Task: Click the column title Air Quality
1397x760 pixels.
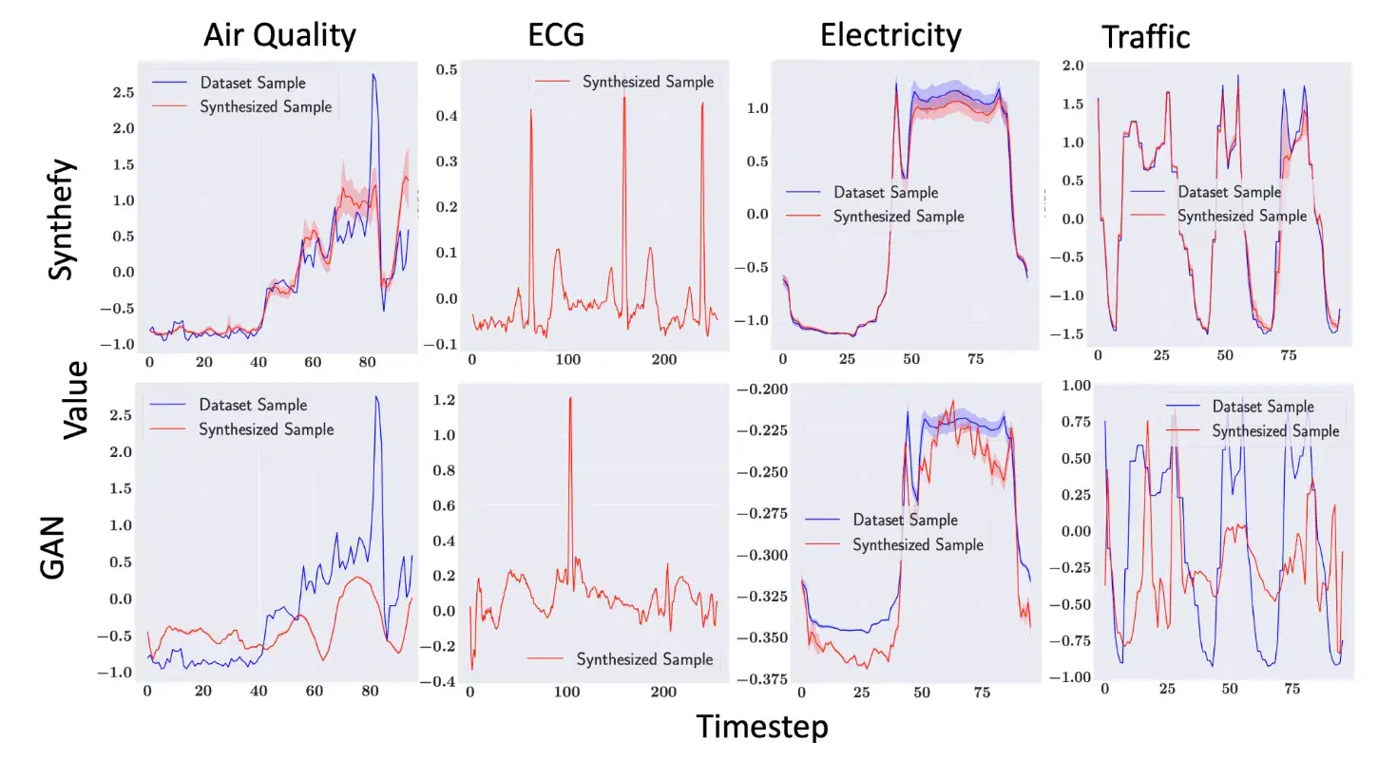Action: [x=279, y=36]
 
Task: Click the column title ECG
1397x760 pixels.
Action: [x=556, y=36]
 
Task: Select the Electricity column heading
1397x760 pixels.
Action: [x=890, y=36]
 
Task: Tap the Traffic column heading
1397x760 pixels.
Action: [x=1145, y=37]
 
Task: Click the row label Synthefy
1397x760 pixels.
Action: [x=59, y=218]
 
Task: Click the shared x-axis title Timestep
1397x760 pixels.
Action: [x=762, y=727]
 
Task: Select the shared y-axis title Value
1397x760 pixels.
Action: [x=77, y=398]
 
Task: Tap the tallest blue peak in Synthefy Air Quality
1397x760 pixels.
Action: [x=373, y=75]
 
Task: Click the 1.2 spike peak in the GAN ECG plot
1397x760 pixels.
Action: [x=570, y=398]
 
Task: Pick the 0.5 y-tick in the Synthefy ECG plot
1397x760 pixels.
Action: [x=447, y=69]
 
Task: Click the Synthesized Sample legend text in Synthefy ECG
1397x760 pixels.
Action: [x=648, y=82]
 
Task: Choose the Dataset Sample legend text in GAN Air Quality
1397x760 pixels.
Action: [x=252, y=404]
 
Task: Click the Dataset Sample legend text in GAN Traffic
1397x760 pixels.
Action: [x=1263, y=407]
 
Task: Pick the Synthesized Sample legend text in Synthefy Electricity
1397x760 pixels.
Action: [x=898, y=217]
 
